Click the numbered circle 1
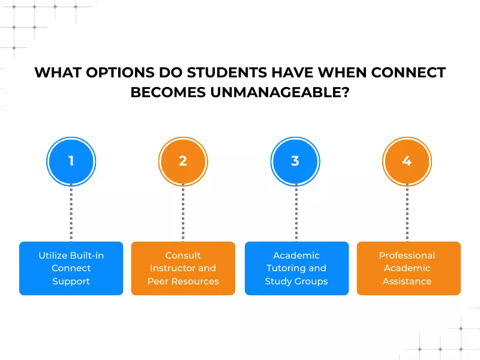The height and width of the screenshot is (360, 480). click(x=71, y=161)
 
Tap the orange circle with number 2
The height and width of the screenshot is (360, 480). click(x=183, y=161)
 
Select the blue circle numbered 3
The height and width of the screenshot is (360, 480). click(x=295, y=161)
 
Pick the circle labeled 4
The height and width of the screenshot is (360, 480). click(x=407, y=161)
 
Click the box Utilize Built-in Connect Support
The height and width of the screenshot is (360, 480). click(x=71, y=268)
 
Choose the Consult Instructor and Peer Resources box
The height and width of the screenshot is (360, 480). click(x=183, y=268)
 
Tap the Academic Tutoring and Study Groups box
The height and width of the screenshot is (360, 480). click(x=296, y=268)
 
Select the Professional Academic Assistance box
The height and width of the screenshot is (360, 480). click(x=408, y=268)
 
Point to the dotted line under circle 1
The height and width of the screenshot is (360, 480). click(x=71, y=213)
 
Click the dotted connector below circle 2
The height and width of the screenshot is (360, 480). click(x=183, y=213)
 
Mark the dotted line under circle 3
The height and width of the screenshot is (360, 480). click(x=296, y=213)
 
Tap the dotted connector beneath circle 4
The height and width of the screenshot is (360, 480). click(x=407, y=213)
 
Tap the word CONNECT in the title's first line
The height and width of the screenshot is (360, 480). click(x=408, y=73)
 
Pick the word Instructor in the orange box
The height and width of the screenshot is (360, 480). click(x=175, y=268)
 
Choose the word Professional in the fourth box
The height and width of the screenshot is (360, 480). click(x=407, y=256)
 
